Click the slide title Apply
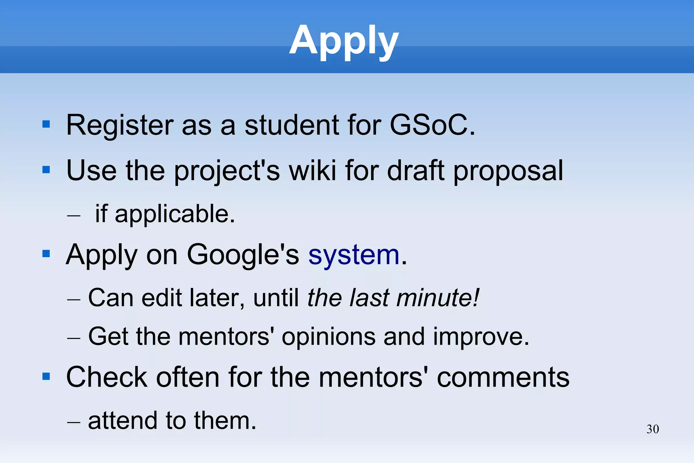coord(344,41)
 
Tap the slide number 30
coord(653,429)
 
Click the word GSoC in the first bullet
coord(432,125)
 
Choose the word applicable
coord(175,214)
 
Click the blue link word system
coord(354,255)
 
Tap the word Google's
coord(243,255)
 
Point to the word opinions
coord(328,337)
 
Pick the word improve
coord(481,337)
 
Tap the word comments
coord(503,378)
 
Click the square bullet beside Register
coord(46,124)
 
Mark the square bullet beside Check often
coord(46,377)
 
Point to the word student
coord(292,125)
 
